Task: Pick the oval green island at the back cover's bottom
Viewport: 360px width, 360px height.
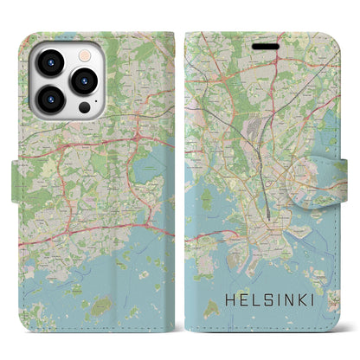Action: (x=98, y=305)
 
